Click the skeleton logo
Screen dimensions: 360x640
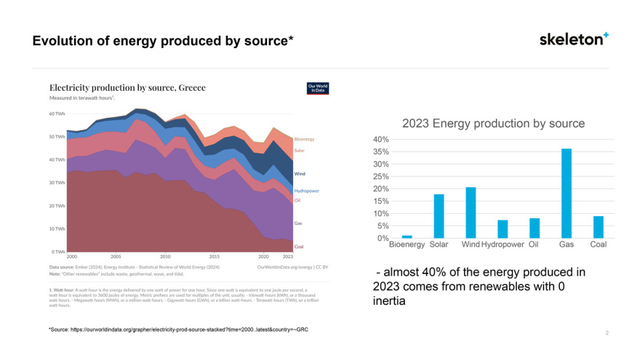574,39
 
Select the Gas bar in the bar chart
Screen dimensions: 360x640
567,193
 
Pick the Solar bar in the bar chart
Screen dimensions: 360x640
439,216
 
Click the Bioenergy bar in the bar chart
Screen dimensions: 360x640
407,236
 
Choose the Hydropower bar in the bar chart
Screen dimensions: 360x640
503,229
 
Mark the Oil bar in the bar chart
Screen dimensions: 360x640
535,228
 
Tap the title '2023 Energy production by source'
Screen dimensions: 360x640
493,123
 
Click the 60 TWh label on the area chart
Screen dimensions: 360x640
57,114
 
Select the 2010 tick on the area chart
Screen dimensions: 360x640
165,257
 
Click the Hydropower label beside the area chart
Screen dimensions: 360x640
306,191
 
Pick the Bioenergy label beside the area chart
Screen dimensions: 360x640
304,139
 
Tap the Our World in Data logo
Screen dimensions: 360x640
318,88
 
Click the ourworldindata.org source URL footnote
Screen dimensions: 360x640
182,330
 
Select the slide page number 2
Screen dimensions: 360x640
606,333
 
